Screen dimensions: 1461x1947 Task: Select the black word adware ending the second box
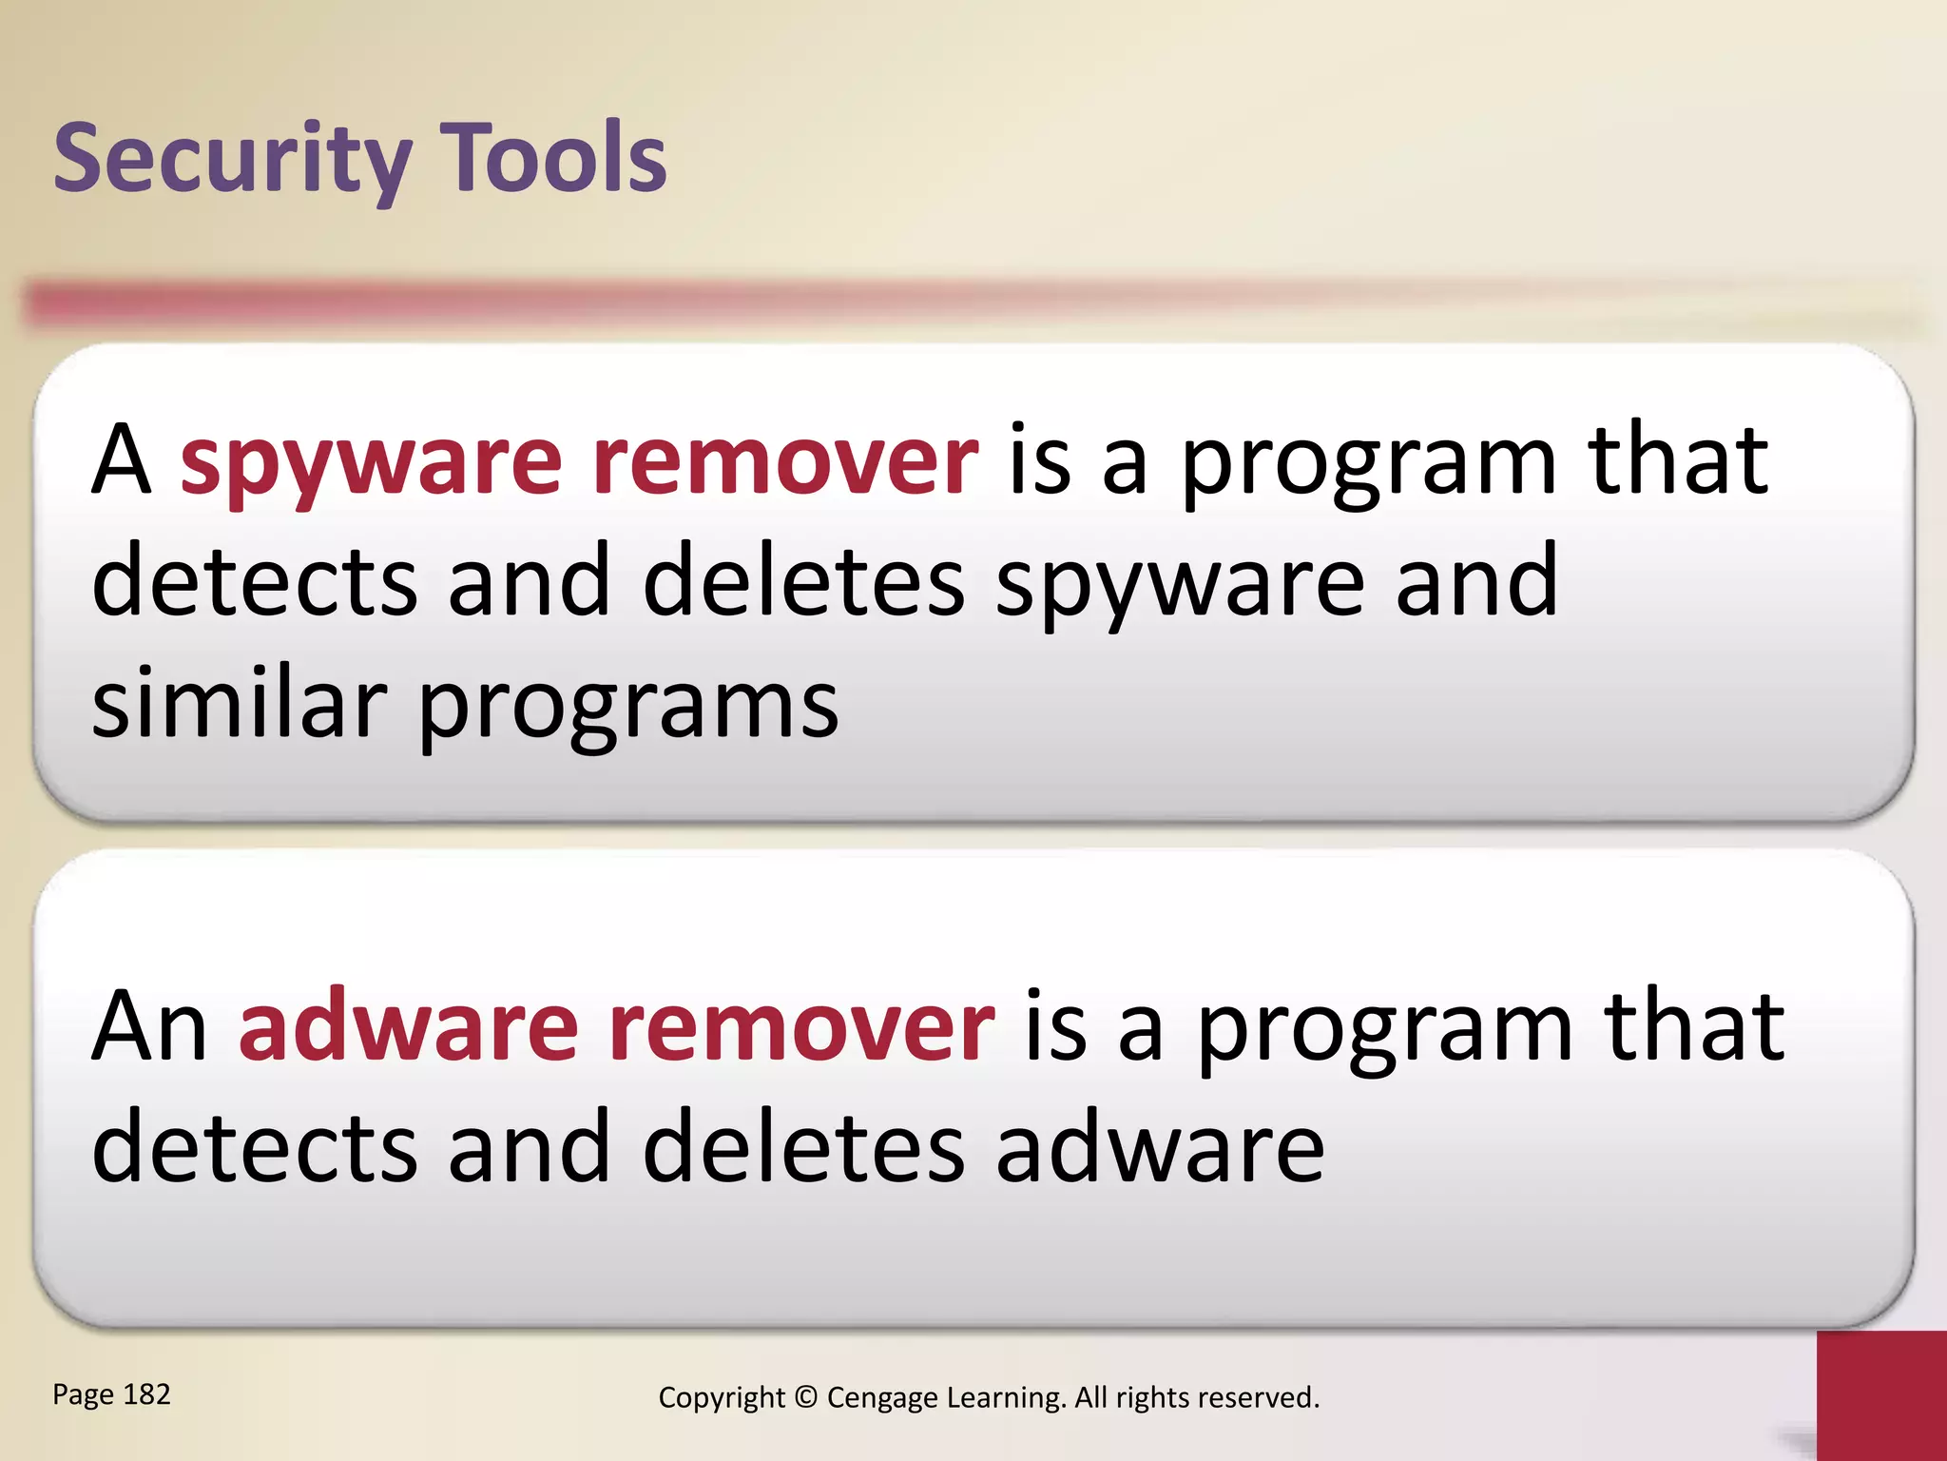(x=1160, y=1148)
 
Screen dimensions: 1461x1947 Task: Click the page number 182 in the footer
(x=147, y=1394)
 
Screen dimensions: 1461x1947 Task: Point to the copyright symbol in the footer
(x=805, y=1397)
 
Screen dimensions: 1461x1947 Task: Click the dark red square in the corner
(x=1881, y=1395)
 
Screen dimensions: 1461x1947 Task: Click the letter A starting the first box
(x=121, y=461)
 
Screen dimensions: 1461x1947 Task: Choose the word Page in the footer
(x=84, y=1395)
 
